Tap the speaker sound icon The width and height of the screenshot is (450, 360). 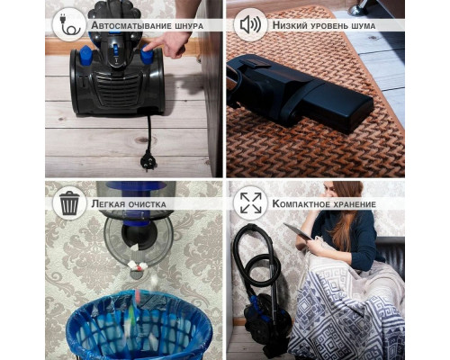click(x=251, y=24)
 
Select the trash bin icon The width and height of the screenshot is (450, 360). click(x=69, y=203)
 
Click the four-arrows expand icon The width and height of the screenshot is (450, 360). click(x=251, y=203)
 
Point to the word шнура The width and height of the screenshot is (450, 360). click(x=189, y=26)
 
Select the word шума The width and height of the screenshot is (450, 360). click(x=364, y=26)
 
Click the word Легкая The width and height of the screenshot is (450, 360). click(x=108, y=204)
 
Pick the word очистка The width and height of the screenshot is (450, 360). click(x=147, y=204)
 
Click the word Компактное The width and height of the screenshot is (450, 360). click(x=299, y=203)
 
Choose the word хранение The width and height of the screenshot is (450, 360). click(x=353, y=204)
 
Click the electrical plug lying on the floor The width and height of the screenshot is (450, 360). click(x=148, y=160)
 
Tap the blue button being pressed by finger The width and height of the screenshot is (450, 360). click(x=147, y=54)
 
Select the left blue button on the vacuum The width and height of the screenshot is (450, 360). click(x=85, y=55)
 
